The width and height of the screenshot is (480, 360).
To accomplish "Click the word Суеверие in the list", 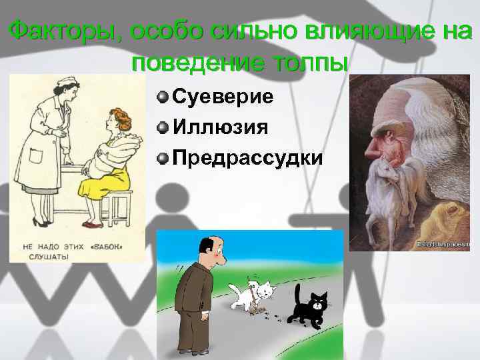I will [223, 97].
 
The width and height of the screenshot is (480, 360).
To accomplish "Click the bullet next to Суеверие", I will [162, 97].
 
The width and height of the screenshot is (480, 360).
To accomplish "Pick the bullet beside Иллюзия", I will [162, 127].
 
